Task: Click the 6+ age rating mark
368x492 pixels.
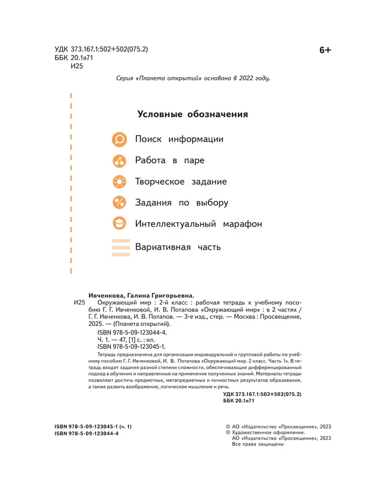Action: (x=325, y=50)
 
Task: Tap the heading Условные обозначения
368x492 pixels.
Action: (x=192, y=114)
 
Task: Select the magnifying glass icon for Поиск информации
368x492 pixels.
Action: (x=120, y=139)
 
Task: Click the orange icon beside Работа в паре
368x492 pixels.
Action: (x=120, y=161)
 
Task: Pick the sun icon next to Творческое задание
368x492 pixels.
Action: (x=120, y=182)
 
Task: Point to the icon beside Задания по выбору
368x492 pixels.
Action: (x=120, y=203)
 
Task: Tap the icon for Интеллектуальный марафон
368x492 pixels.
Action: (x=120, y=224)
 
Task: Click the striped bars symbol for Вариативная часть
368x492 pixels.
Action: (x=120, y=247)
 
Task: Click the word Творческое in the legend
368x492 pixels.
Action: (x=159, y=182)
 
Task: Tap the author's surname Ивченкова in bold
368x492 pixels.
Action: (x=110, y=295)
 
